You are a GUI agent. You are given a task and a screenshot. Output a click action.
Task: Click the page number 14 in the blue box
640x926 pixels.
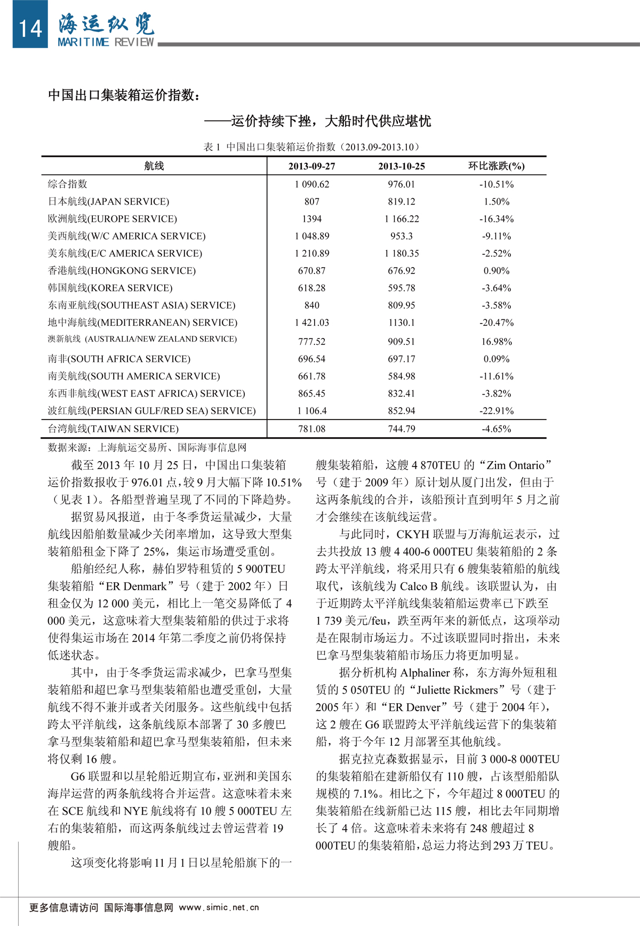[x=30, y=28]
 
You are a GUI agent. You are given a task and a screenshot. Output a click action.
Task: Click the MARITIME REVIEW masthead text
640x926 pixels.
[x=106, y=42]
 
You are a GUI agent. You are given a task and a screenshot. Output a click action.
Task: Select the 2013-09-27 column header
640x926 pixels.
[x=311, y=166]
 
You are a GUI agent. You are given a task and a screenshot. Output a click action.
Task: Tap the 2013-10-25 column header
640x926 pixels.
[x=401, y=166]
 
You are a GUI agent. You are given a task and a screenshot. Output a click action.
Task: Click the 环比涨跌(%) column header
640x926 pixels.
[x=496, y=166]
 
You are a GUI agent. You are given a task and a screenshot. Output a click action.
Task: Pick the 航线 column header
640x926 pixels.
[x=154, y=166]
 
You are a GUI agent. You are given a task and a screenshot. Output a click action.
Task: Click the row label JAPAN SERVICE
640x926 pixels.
[x=108, y=202]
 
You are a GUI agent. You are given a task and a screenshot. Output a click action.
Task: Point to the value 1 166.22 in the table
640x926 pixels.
[x=401, y=219]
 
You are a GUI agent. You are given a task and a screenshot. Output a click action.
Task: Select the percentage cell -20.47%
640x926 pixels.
[x=496, y=323]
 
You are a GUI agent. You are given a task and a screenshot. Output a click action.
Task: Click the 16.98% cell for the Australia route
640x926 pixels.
[x=496, y=342]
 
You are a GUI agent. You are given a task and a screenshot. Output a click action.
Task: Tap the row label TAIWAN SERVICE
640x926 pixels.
[x=113, y=429]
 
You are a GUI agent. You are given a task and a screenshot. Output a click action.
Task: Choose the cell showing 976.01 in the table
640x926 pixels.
[x=401, y=184]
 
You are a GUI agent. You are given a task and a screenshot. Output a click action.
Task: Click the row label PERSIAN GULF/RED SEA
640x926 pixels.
[x=151, y=411]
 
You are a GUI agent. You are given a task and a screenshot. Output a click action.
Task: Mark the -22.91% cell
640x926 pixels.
[x=496, y=411]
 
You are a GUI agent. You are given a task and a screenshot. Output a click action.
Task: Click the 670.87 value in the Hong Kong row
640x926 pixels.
[x=311, y=271]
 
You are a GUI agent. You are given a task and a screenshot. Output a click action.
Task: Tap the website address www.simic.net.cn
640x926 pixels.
[x=219, y=907]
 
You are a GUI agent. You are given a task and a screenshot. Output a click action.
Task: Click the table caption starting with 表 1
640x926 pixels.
[x=312, y=147]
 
